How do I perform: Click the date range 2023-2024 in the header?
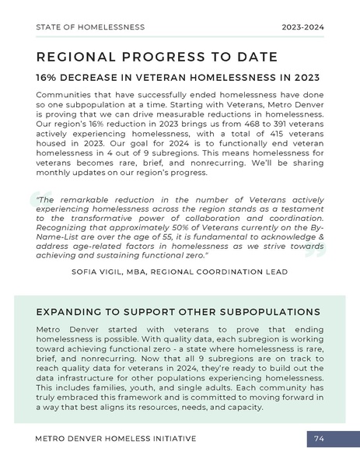click(x=303, y=26)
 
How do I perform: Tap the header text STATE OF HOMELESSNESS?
click(x=90, y=26)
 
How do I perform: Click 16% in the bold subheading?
click(x=48, y=79)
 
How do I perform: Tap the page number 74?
click(x=319, y=440)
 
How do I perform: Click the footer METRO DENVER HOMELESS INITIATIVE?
click(x=116, y=440)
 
